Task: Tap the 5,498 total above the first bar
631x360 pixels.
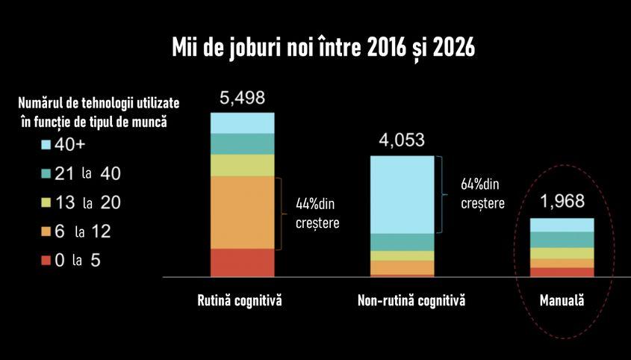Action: pyautogui.click(x=242, y=99)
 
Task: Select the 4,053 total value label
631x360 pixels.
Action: pyautogui.click(x=402, y=141)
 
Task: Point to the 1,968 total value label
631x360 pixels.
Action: pyautogui.click(x=562, y=202)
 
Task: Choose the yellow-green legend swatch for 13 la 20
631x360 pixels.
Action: pyautogui.click(x=46, y=202)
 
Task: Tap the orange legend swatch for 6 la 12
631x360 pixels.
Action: pyautogui.click(x=46, y=232)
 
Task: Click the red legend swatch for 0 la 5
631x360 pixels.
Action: pyautogui.click(x=46, y=261)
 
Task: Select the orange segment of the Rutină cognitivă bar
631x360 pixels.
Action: pyautogui.click(x=242, y=212)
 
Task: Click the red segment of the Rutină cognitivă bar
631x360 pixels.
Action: pyautogui.click(x=242, y=262)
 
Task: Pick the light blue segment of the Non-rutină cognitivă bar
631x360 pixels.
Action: pyautogui.click(x=402, y=194)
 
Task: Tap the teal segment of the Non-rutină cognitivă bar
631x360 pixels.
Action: pyautogui.click(x=402, y=242)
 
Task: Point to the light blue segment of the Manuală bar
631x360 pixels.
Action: pyautogui.click(x=562, y=225)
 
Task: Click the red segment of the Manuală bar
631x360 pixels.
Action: pyautogui.click(x=562, y=272)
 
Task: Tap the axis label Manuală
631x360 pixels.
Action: pyautogui.click(x=562, y=301)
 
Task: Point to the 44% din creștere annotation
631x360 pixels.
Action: pyautogui.click(x=313, y=212)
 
